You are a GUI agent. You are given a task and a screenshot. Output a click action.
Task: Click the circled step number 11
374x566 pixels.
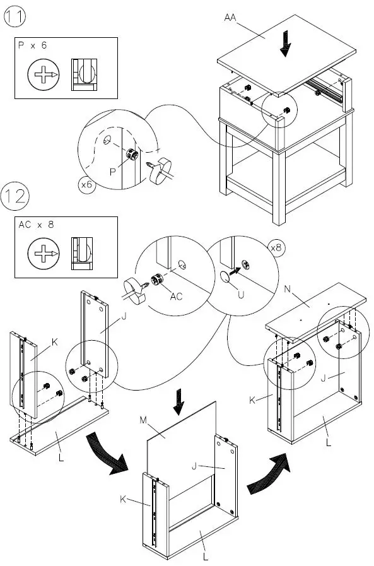[15, 16]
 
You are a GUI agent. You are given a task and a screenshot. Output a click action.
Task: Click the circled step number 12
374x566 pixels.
[15, 196]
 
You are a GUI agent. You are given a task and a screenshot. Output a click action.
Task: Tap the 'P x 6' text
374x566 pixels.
[32, 45]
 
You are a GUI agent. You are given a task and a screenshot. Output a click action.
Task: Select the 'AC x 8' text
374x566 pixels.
[36, 225]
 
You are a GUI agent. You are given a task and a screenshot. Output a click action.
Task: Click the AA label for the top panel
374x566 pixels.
[230, 17]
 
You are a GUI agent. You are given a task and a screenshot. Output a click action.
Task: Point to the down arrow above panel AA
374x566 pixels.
[286, 44]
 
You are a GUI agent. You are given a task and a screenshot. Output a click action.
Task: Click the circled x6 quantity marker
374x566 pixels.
[87, 184]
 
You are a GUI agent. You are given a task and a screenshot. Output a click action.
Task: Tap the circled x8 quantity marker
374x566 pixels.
[276, 247]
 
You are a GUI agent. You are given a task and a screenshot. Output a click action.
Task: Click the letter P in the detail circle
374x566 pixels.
[113, 172]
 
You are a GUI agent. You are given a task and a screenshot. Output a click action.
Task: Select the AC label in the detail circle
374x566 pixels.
[177, 297]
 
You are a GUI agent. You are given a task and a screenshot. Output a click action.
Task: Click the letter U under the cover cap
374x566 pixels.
[241, 295]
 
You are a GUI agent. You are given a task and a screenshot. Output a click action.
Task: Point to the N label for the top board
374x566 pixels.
[288, 289]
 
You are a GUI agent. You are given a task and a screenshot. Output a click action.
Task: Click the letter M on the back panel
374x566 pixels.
[143, 420]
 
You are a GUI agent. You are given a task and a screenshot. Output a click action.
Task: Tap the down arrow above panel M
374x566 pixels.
[178, 402]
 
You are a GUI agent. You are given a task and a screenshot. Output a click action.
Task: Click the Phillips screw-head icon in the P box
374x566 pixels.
[44, 74]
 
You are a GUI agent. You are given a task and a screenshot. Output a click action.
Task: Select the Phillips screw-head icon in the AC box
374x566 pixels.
[44, 254]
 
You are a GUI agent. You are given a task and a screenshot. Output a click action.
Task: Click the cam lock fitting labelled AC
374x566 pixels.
[156, 279]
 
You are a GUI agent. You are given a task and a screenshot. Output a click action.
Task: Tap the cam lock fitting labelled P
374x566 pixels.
[132, 154]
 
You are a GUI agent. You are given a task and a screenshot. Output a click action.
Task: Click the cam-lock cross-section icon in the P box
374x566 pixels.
[85, 74]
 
